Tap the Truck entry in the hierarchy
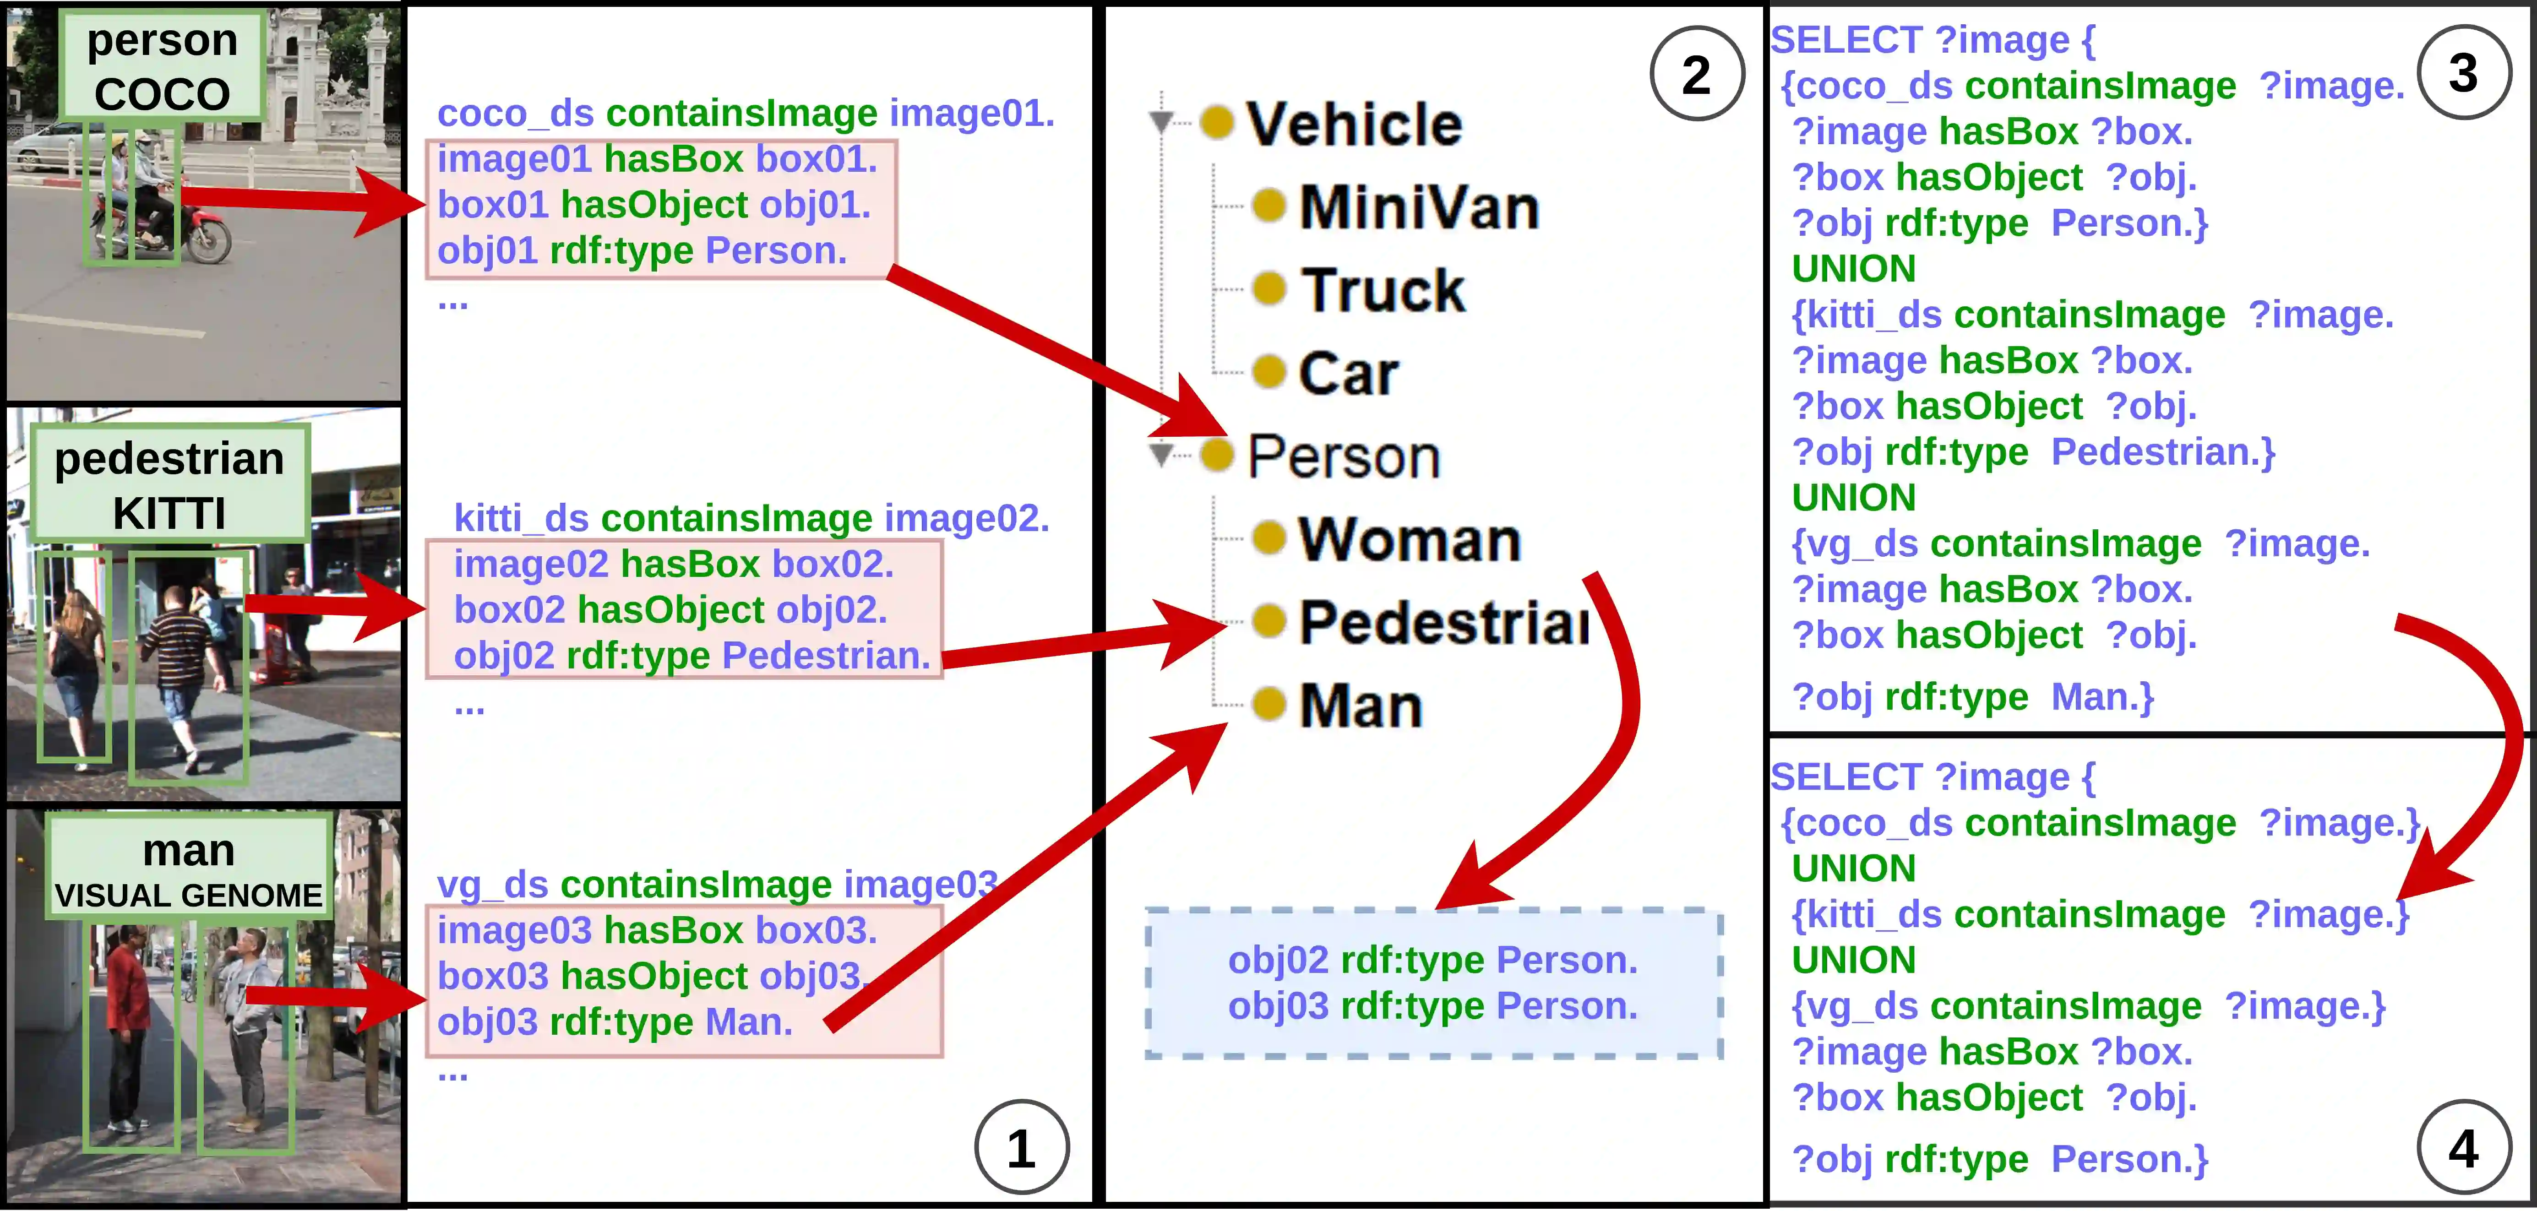pos(1382,290)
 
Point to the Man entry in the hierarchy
pos(1360,706)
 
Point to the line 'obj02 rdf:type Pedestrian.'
pos(691,656)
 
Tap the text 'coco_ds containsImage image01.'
pos(746,113)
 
